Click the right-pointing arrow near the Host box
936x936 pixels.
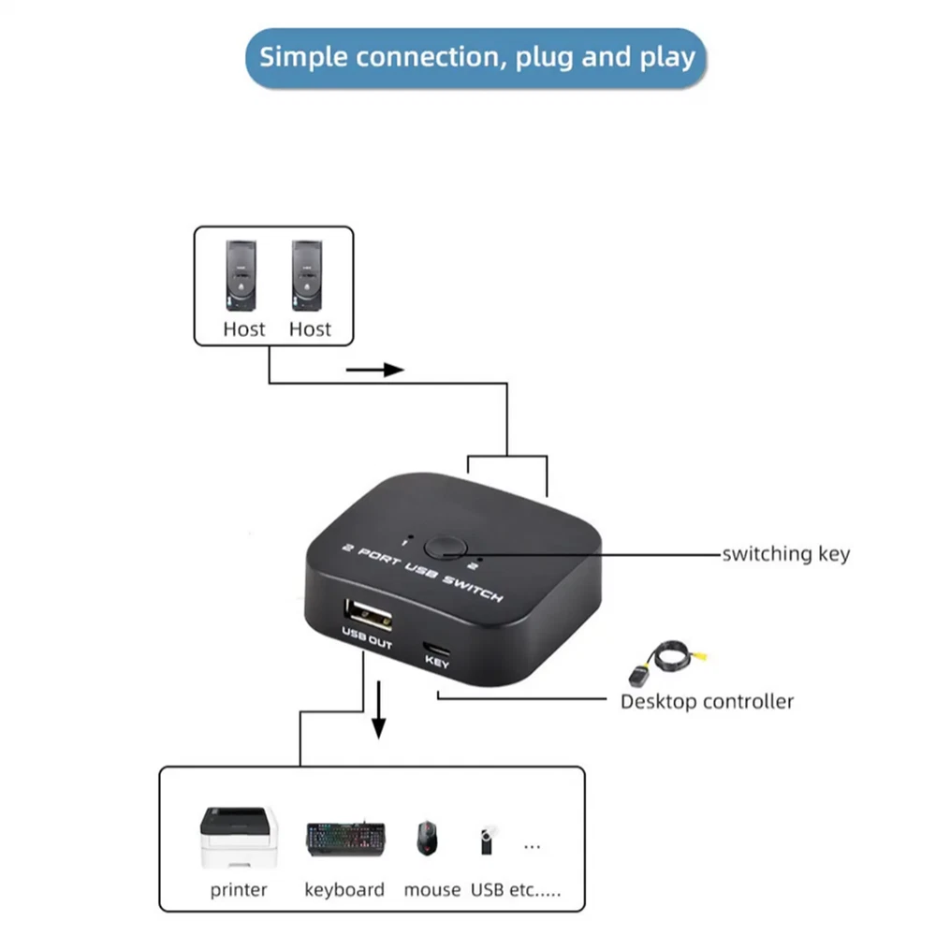(374, 370)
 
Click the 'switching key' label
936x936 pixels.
(786, 553)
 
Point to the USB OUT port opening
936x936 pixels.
(367, 616)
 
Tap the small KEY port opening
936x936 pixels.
(437, 648)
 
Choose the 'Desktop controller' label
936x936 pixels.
(707, 701)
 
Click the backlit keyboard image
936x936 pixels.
(345, 839)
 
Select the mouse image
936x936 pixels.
(428, 837)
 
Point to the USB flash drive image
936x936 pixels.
(485, 840)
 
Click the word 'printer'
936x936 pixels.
(239, 889)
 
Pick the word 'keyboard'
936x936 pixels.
(344, 889)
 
